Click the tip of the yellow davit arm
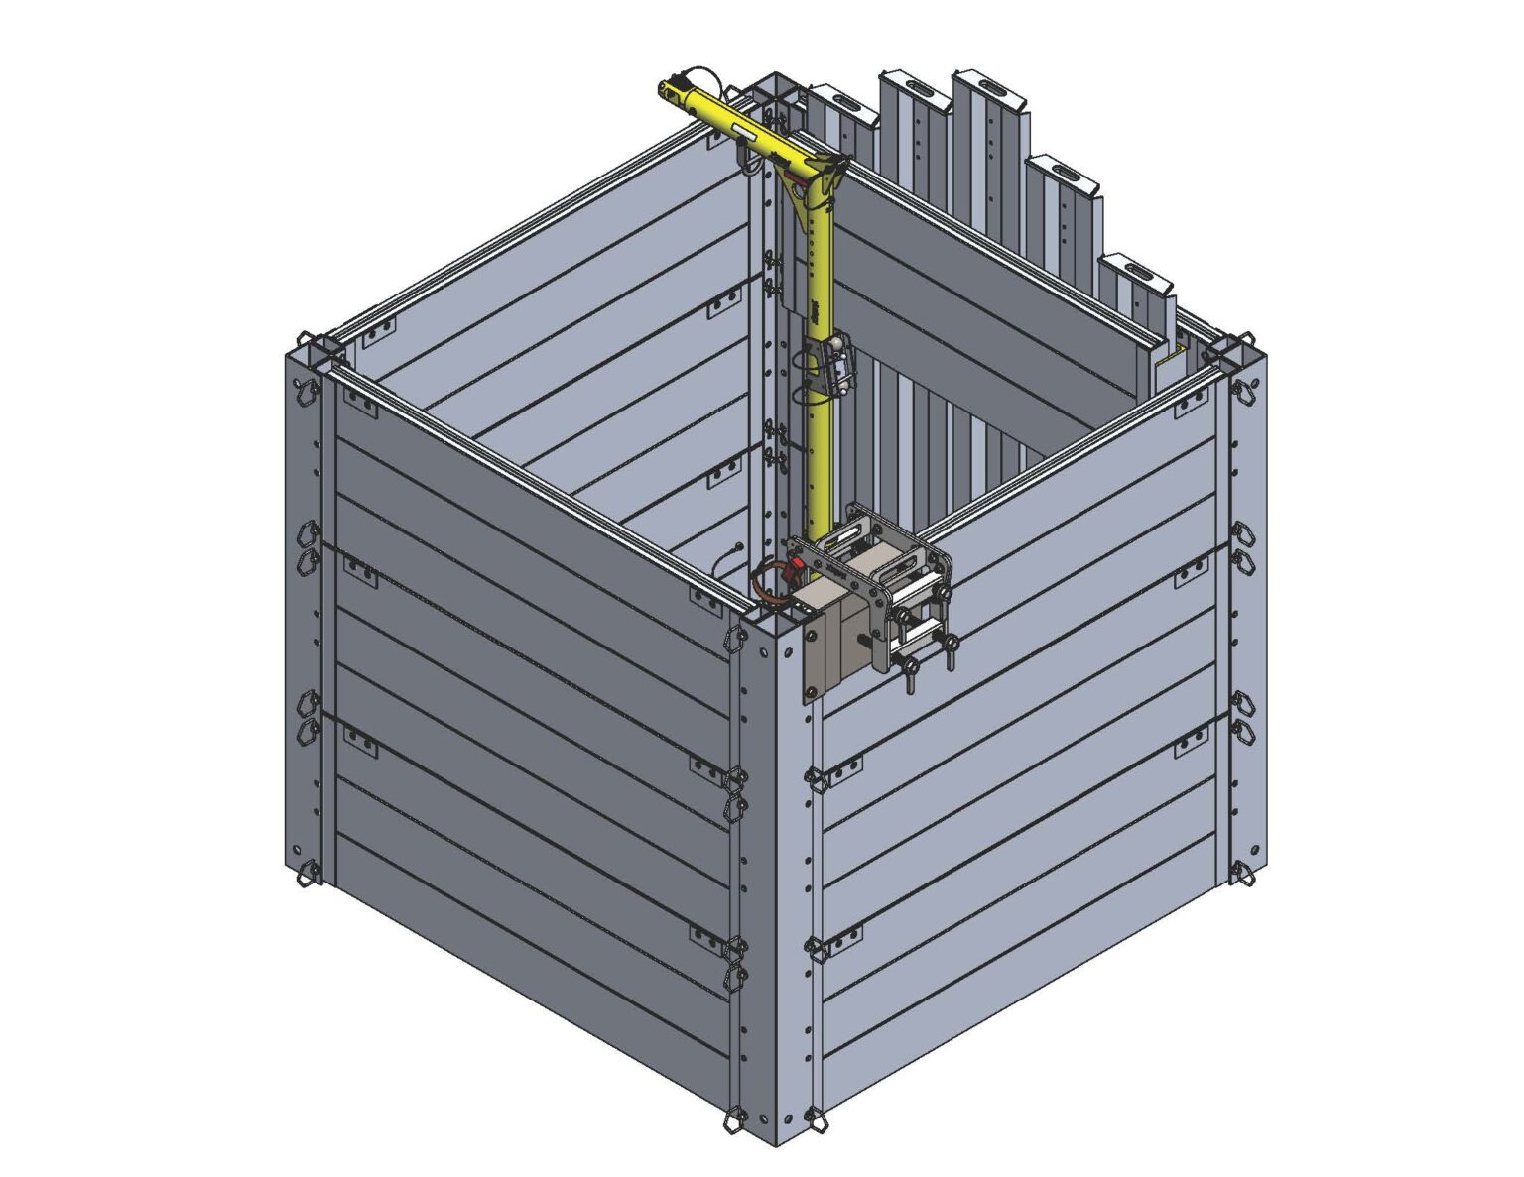668,89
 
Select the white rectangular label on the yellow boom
745,133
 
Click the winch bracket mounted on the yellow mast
831,366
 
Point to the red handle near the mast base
793,572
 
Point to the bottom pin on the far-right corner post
1241,874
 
